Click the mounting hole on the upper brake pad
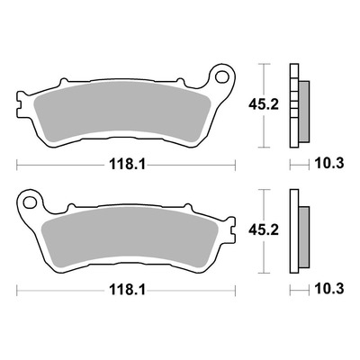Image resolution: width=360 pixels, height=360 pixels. pos(222,76)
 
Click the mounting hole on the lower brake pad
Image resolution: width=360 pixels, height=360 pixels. pos(30,202)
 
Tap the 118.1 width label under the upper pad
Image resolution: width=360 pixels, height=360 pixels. pos(127,164)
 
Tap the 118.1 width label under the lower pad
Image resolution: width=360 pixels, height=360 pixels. pos(127,290)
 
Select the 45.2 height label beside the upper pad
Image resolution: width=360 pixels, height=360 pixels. pos(264,104)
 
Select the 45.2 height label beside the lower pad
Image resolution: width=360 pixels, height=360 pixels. pos(264,230)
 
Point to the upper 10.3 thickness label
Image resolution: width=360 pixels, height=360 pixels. pos(329,164)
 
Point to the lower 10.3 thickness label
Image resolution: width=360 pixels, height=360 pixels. pos(329,290)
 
